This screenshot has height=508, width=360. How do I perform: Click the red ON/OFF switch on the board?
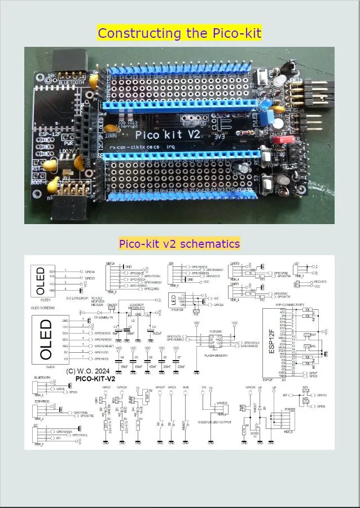280,139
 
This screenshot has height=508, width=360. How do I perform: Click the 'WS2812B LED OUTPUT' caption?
215,421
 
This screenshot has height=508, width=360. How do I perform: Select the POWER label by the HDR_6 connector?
281,410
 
